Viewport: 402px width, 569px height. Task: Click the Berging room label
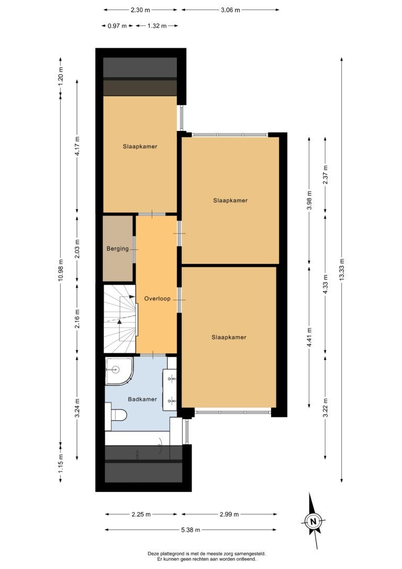[117, 248]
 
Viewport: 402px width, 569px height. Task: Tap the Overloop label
[158, 299]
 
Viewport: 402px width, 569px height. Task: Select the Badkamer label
[142, 399]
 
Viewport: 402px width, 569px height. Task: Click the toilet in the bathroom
[116, 414]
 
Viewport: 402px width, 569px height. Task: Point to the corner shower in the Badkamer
[119, 371]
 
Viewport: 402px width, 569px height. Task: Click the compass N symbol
[313, 522]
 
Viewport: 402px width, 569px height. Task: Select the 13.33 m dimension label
[342, 270]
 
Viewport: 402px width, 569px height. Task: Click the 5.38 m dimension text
[191, 530]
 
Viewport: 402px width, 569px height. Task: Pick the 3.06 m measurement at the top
[230, 10]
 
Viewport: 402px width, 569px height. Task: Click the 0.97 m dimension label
[117, 26]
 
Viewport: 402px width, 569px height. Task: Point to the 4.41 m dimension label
[309, 337]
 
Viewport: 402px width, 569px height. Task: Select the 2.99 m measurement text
[229, 514]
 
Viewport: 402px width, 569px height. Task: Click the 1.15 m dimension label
[61, 463]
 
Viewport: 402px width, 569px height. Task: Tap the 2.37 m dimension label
[325, 174]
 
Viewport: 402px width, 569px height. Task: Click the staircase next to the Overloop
[120, 319]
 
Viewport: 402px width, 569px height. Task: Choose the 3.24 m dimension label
[77, 408]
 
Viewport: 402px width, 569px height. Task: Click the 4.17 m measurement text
[77, 146]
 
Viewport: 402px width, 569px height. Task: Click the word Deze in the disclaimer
[153, 554]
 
